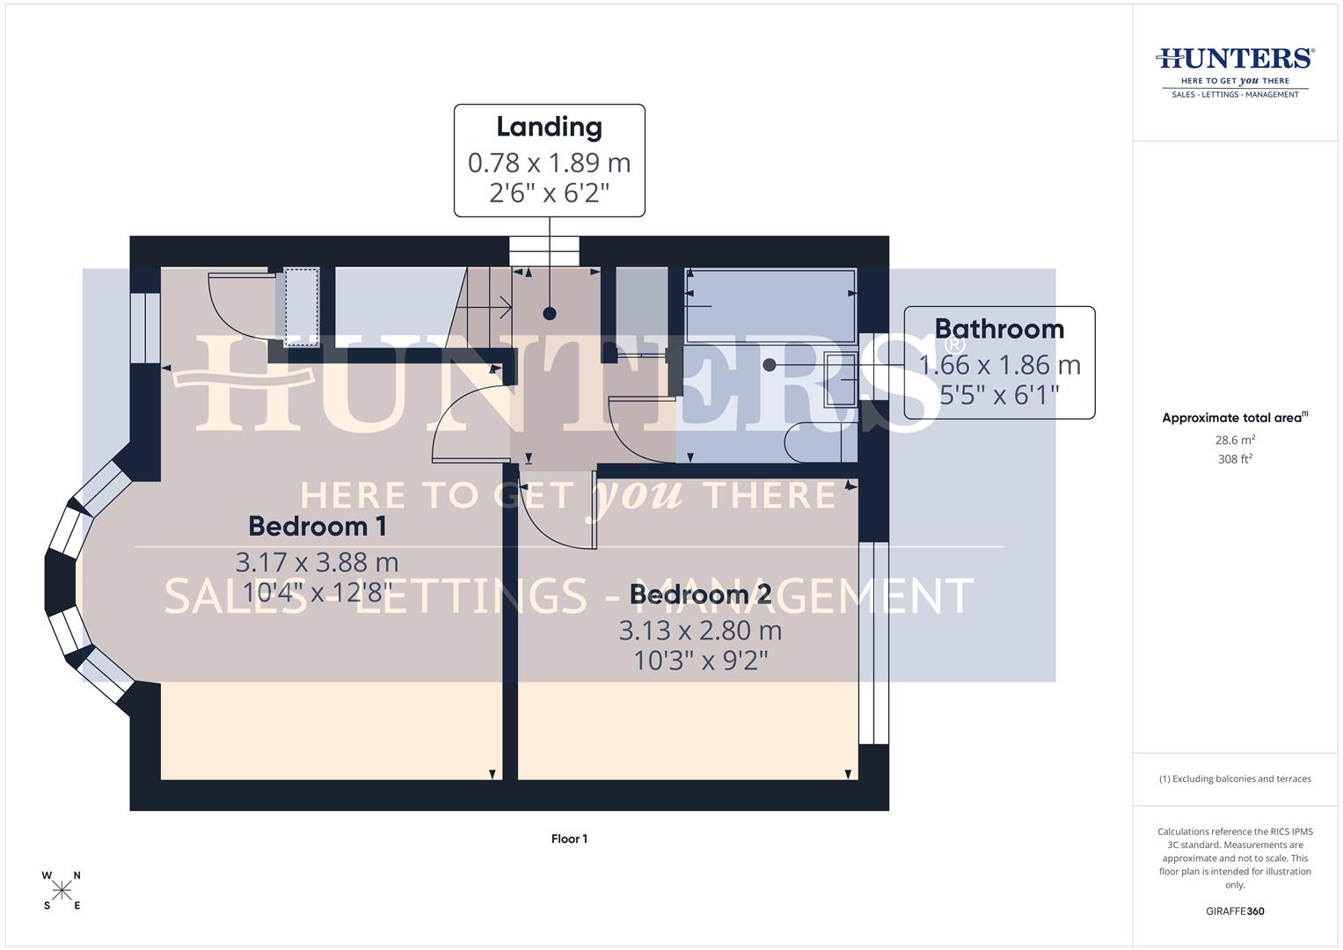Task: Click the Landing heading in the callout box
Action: point(549,127)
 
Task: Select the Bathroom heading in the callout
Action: point(999,329)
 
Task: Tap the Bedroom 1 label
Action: point(318,526)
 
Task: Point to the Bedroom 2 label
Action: point(700,595)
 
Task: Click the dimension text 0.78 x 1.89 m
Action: point(549,163)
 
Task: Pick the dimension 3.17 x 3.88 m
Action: point(317,562)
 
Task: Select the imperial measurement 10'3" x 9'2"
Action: point(701,661)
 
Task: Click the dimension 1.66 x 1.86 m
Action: point(999,365)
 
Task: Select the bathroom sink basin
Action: point(841,379)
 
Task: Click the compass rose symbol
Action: point(62,890)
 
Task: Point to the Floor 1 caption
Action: point(569,839)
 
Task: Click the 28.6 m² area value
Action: point(1235,440)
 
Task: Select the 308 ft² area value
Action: point(1235,459)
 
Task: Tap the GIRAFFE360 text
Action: point(1235,911)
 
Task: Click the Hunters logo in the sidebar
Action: point(1235,70)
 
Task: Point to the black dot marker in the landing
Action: point(550,313)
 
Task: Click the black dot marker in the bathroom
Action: point(770,364)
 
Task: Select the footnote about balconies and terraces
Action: point(1235,779)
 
